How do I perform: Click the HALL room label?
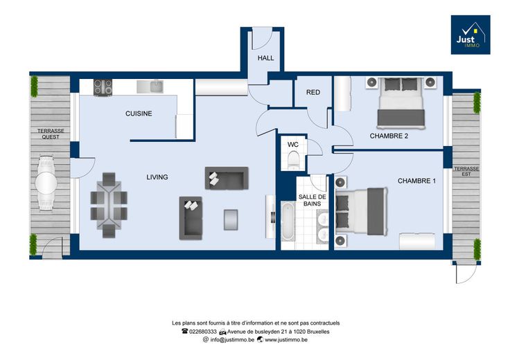[265, 58]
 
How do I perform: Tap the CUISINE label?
[139, 114]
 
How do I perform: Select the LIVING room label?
[157, 177]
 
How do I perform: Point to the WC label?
[292, 145]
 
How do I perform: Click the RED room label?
[313, 92]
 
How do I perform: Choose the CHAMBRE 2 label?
[389, 136]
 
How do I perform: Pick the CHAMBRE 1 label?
[416, 181]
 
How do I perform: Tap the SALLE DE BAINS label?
[313, 200]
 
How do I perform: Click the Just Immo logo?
[471, 35]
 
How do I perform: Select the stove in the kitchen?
[103, 87]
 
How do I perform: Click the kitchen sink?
[150, 87]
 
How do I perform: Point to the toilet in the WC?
[293, 160]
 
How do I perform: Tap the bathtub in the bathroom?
[288, 222]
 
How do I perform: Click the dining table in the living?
[109, 206]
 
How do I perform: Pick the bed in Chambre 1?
[361, 211]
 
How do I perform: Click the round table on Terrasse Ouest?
[46, 183]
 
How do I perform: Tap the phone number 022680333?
[199, 332]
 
